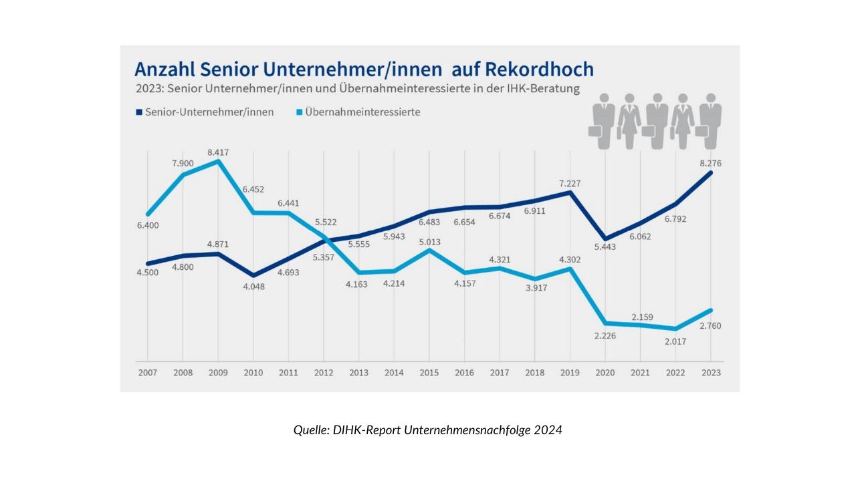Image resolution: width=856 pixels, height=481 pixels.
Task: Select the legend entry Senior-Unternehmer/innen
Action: coord(209,112)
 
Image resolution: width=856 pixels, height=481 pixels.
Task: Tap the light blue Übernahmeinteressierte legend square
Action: coord(299,112)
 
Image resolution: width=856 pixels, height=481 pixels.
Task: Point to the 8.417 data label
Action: coord(218,152)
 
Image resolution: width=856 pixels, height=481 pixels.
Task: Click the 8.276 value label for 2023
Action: coord(710,163)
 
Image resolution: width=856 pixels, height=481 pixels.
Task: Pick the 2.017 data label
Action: coord(675,341)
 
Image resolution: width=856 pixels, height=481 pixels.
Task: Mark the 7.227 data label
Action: coord(569,183)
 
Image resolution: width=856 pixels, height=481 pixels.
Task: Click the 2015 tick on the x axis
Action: coord(429,373)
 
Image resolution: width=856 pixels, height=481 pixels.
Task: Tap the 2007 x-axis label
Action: coord(147,373)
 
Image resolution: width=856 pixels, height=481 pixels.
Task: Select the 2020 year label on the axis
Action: coord(605,373)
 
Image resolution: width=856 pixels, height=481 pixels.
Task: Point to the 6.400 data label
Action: coord(148,225)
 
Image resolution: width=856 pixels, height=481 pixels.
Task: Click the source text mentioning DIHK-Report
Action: coord(428,430)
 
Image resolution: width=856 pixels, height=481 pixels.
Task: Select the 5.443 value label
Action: coord(605,247)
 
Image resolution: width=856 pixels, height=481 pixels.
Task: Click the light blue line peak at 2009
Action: coord(218,161)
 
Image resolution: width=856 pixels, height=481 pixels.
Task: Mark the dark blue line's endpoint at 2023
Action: coord(710,172)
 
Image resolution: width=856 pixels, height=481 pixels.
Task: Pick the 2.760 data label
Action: coord(710,325)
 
